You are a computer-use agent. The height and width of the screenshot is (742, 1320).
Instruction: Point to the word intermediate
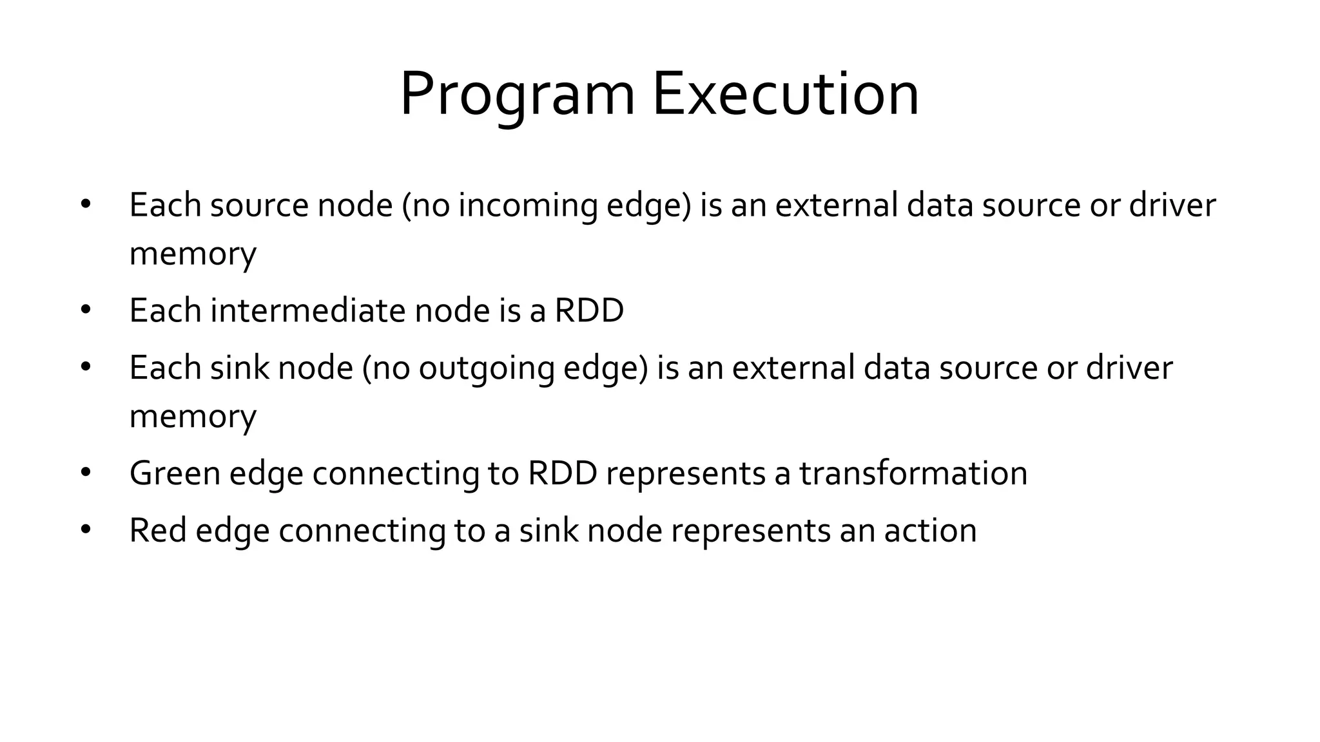click(307, 310)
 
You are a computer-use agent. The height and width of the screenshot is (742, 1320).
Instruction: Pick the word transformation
click(913, 473)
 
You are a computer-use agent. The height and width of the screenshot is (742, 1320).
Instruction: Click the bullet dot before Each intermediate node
click(86, 310)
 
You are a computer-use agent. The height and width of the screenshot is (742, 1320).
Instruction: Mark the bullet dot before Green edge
click(86, 473)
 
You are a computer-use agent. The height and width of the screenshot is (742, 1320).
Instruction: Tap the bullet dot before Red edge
click(86, 530)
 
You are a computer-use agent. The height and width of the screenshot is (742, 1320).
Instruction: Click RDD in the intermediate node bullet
click(589, 310)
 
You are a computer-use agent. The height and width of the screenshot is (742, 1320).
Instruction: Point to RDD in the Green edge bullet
click(562, 473)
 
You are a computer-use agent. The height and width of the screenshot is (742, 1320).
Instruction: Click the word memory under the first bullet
click(193, 253)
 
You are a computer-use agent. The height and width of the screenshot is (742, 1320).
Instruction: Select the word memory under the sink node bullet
click(193, 416)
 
